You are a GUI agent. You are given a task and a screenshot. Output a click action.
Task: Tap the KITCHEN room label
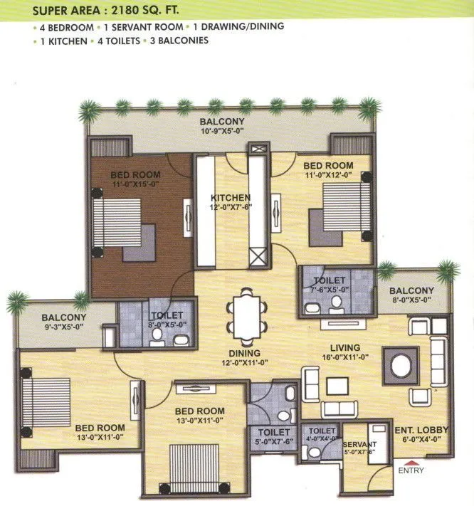[x=230, y=197]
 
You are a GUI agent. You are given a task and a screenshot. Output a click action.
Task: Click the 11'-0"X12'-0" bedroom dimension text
[x=328, y=175]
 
